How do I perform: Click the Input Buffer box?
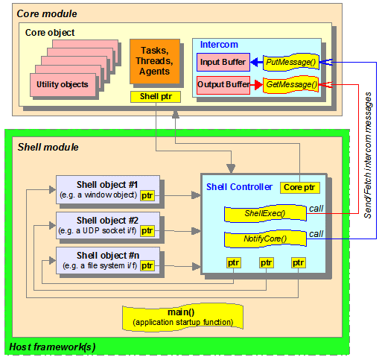[223, 62]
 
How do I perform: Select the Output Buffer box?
[223, 85]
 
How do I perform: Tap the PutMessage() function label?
[291, 62]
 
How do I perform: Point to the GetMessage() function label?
[291, 85]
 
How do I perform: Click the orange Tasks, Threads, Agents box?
[155, 61]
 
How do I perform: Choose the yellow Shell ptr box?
[156, 97]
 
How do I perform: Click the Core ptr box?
[299, 188]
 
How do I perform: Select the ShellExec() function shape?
[265, 213]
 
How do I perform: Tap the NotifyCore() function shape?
[265, 239]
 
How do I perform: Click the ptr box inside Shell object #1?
[147, 196]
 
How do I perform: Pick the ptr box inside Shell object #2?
[147, 231]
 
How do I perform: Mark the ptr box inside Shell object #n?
[147, 266]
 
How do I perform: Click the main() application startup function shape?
[182, 318]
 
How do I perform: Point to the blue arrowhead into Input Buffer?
[255, 62]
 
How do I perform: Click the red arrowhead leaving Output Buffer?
[258, 85]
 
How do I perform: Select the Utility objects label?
[63, 84]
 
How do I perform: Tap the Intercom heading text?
[219, 45]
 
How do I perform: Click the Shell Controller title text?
[239, 187]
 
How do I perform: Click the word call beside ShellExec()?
[316, 209]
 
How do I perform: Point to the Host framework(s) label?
[52, 347]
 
